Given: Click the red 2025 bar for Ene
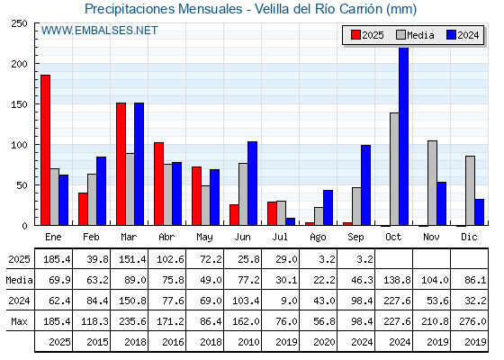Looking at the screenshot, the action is pos(45,150).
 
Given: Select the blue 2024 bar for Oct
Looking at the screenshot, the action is pos(403,136).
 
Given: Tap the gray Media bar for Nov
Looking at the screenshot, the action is pos(432,183).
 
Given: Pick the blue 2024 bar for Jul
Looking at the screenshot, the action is pos(290,221).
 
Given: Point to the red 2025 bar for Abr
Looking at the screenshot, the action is pos(158,184).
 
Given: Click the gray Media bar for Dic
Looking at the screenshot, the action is pos(470,191).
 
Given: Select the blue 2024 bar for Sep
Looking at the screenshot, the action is pos(365,185).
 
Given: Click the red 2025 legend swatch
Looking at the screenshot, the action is pos(355,35).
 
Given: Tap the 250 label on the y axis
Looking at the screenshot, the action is pos(20,23).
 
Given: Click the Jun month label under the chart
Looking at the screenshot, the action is pos(242,238).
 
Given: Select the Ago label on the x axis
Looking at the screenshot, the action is pos(318,238).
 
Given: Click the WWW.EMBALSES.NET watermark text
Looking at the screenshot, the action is pos(99,31).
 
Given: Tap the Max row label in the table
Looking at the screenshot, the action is pos(19,321).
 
